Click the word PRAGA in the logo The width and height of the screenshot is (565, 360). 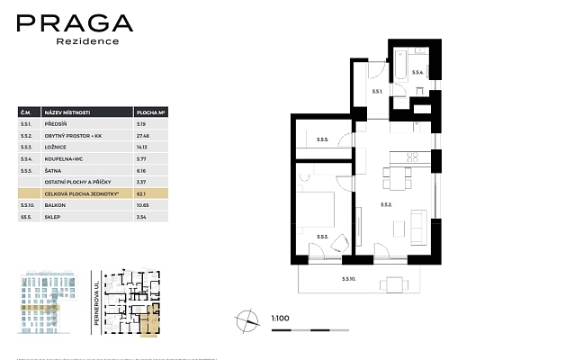[75, 24]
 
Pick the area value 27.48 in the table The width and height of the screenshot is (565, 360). [142, 134]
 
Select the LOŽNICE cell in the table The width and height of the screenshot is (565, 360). [56, 146]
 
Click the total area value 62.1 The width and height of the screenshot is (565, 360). [140, 193]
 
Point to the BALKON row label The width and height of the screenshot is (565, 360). [56, 205]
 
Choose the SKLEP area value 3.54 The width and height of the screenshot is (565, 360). [141, 217]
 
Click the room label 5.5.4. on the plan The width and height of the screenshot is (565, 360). [417, 71]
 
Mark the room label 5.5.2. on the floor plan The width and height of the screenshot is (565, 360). [387, 205]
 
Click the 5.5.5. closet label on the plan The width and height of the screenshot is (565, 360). [322, 139]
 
